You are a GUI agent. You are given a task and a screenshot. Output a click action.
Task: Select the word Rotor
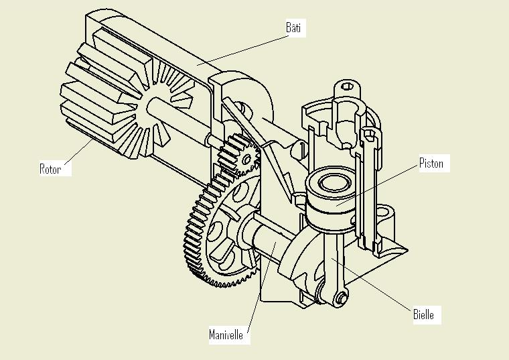(50, 169)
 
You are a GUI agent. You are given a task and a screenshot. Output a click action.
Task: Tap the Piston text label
(431, 163)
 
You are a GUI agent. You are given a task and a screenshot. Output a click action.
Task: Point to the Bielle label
(423, 314)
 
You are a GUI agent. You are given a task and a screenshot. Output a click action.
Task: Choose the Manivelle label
(226, 334)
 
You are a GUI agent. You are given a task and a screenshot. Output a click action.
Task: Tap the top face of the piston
(332, 182)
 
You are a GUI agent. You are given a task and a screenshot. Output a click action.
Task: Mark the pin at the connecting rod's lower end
(341, 297)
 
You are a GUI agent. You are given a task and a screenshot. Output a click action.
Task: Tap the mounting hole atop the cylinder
(346, 86)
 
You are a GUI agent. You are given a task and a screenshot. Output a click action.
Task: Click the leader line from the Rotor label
(80, 147)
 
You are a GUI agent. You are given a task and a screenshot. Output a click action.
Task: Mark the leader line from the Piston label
(382, 181)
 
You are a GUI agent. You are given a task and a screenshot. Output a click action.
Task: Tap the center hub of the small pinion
(247, 160)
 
